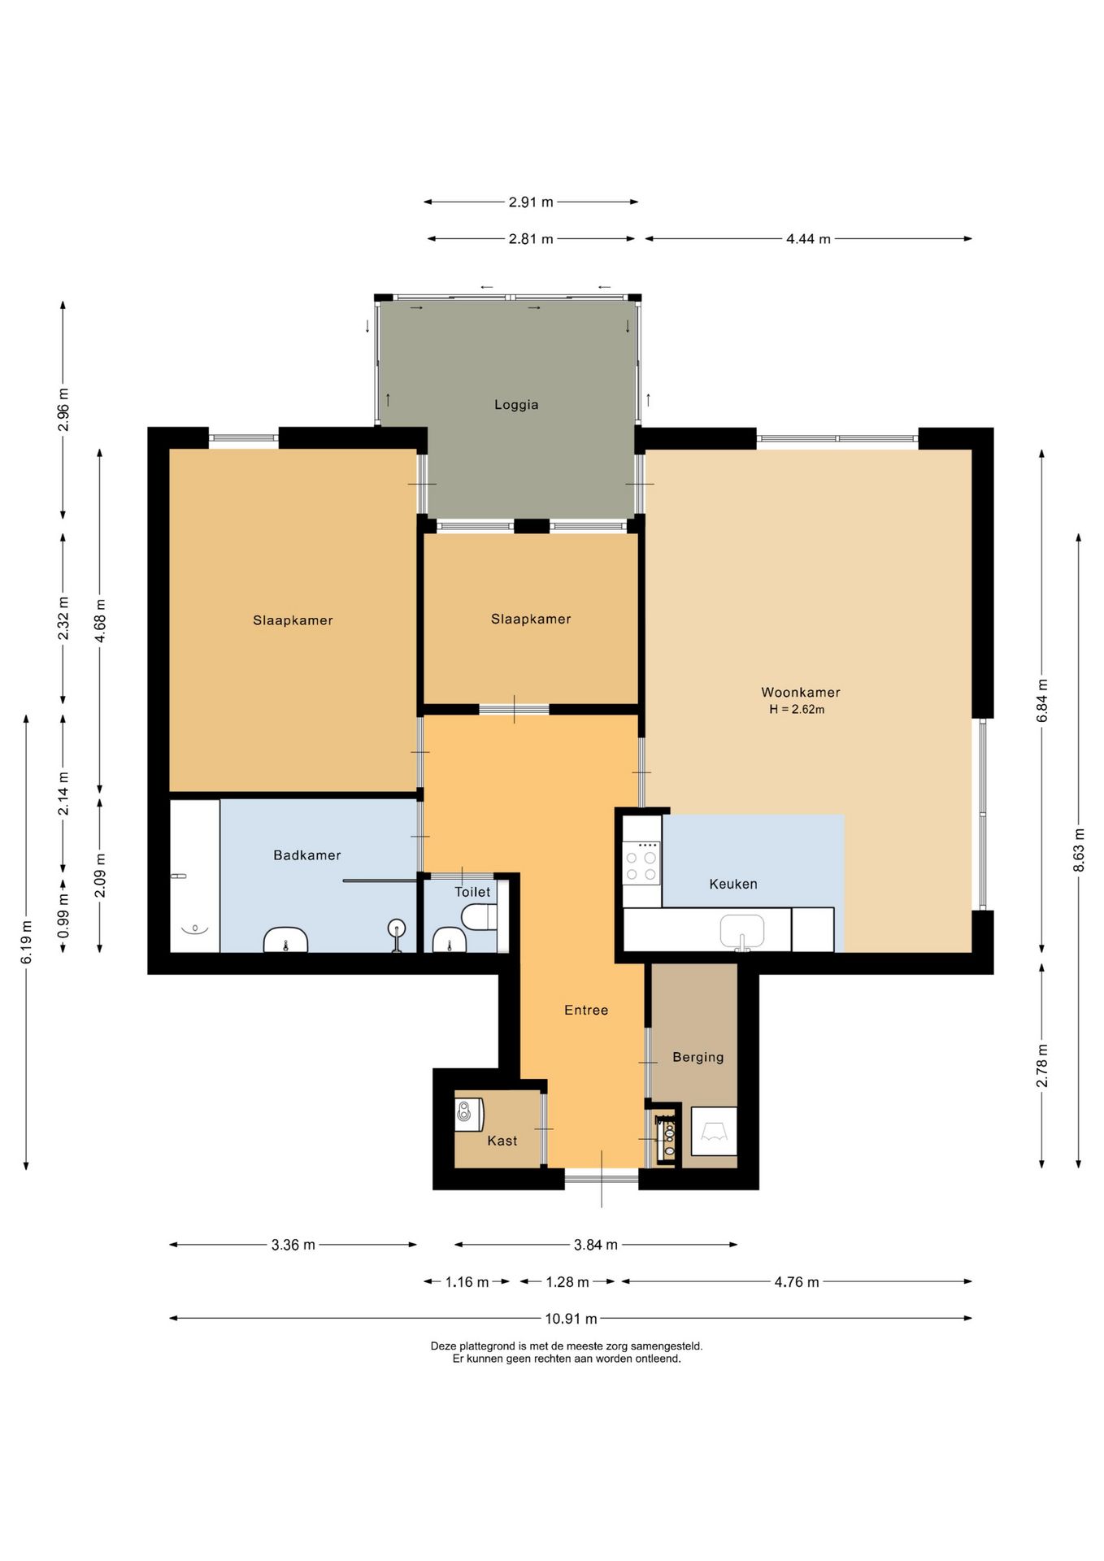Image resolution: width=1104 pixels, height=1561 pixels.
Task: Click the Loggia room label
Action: (x=516, y=405)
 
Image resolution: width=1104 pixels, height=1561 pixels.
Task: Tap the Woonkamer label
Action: (x=801, y=693)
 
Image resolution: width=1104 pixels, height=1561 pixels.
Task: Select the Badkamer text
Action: (x=307, y=855)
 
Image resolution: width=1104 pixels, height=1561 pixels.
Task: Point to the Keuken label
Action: (x=733, y=884)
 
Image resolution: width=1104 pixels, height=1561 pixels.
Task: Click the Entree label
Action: (x=586, y=1010)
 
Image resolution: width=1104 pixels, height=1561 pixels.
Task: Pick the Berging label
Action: (x=698, y=1057)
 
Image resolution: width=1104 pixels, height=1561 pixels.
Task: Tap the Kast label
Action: (x=502, y=1141)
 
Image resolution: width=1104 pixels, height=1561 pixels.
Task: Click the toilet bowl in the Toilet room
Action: (x=479, y=918)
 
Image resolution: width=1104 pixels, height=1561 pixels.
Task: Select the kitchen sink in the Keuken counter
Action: (x=742, y=932)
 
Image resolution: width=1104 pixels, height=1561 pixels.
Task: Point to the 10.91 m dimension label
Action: (x=571, y=1319)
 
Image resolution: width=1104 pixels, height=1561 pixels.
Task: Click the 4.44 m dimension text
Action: (x=808, y=239)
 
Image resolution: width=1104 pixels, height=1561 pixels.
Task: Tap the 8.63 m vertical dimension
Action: (x=1079, y=850)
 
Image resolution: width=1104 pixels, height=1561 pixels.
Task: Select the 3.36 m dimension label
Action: (x=293, y=1245)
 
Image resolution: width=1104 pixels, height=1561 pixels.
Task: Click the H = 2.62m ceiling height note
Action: (x=797, y=710)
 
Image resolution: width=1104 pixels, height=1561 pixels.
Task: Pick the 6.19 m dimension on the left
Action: (x=26, y=943)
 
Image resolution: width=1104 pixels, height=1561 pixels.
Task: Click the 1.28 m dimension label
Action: (x=567, y=1282)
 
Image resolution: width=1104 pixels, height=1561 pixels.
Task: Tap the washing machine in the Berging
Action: (x=714, y=1131)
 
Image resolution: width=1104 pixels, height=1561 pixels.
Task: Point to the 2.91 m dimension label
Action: (x=531, y=202)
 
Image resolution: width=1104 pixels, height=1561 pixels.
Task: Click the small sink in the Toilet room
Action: (x=449, y=941)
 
